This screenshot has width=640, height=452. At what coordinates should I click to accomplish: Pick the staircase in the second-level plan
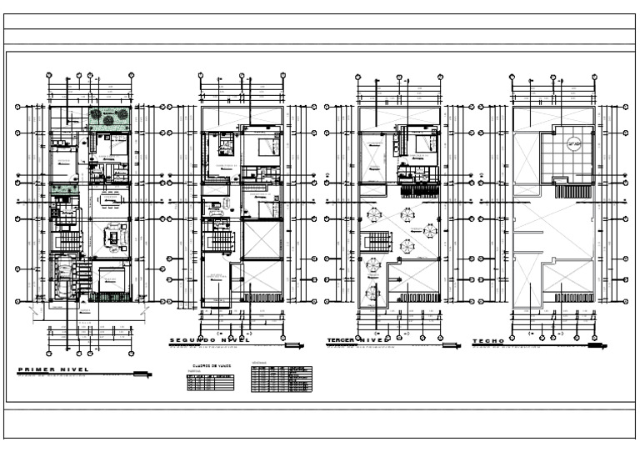point(221,241)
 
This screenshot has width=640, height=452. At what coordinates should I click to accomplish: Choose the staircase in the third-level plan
point(378,243)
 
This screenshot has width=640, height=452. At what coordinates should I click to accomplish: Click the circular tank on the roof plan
point(572,143)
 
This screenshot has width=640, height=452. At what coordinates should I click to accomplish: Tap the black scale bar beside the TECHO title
point(592,344)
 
